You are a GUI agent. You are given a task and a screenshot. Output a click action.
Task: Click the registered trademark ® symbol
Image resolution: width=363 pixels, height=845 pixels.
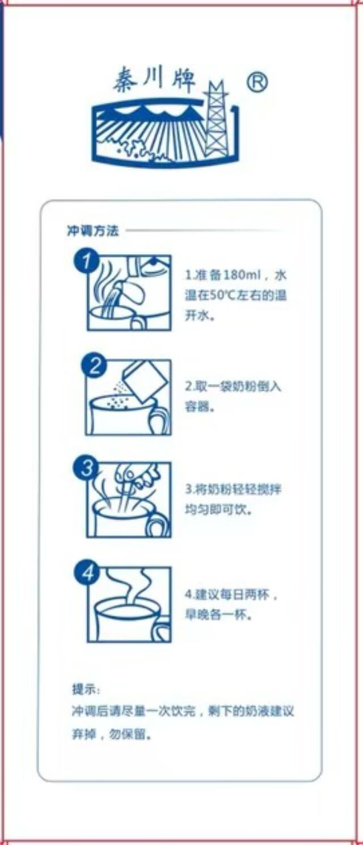(258, 82)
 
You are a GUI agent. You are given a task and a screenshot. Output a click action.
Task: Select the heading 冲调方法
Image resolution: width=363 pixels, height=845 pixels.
(93, 230)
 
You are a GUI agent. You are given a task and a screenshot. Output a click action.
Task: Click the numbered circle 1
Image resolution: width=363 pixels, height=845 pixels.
(86, 260)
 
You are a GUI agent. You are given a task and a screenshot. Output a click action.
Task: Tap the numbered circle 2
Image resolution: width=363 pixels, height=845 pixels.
(94, 366)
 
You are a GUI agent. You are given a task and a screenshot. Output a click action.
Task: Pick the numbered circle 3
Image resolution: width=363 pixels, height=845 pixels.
(86, 468)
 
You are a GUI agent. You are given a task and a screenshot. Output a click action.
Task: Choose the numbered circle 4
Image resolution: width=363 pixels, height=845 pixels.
(87, 573)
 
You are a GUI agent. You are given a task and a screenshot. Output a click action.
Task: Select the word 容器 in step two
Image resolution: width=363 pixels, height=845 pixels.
(197, 407)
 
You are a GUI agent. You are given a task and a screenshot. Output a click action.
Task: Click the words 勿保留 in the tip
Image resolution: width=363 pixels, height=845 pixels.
(127, 734)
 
